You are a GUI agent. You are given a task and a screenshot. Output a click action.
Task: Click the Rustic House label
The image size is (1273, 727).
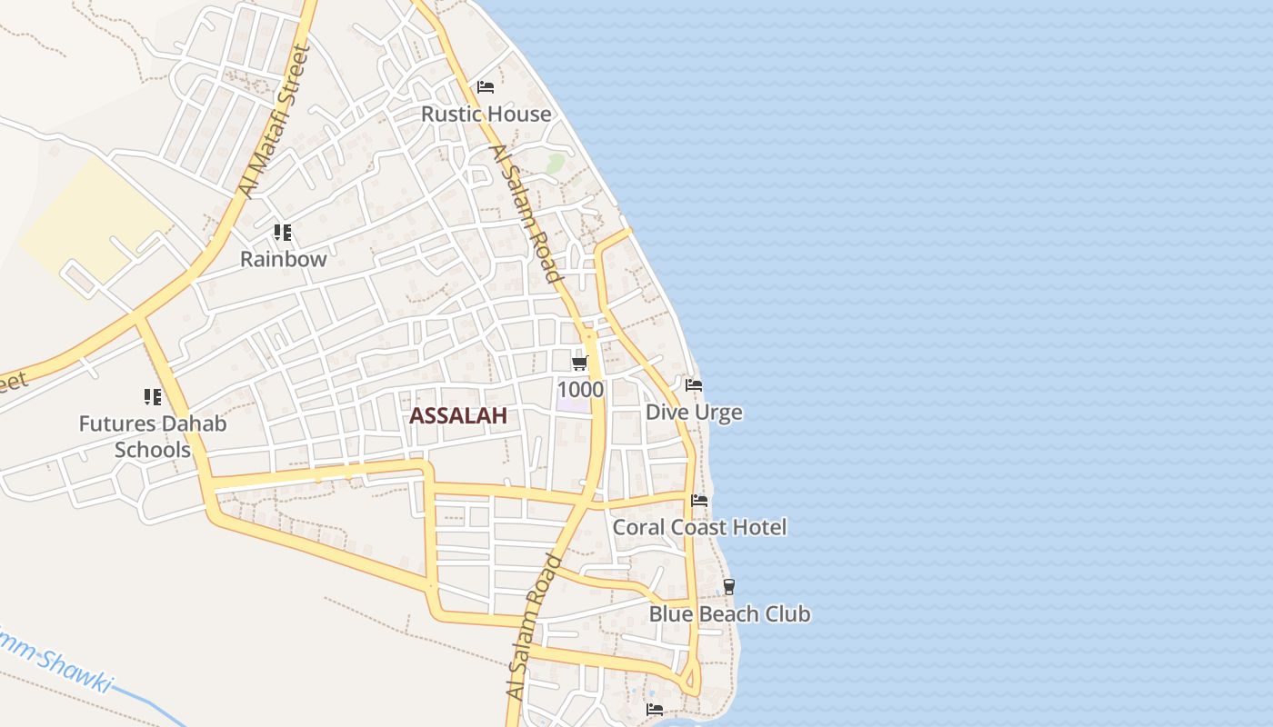486,115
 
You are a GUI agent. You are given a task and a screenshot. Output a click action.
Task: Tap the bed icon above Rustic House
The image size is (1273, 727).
486,87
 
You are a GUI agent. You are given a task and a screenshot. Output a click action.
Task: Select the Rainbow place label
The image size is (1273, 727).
283,259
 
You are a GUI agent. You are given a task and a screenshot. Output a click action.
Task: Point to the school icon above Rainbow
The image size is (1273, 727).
283,233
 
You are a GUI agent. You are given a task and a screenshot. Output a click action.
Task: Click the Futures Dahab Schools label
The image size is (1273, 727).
153,436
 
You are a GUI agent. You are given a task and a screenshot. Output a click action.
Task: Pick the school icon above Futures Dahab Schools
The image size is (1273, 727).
152,396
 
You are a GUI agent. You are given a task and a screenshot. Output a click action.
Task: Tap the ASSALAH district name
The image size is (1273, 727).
457,416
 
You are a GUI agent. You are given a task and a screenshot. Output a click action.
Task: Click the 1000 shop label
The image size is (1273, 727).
580,390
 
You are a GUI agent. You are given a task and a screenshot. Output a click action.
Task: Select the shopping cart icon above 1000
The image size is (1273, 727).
579,363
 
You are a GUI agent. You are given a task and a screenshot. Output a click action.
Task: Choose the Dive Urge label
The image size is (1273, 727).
694,413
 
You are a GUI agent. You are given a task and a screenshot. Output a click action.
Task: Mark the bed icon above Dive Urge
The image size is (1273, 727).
694,385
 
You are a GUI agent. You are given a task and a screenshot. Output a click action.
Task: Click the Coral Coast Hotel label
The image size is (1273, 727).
699,527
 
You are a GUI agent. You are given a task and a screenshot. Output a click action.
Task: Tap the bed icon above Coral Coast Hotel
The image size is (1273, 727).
699,500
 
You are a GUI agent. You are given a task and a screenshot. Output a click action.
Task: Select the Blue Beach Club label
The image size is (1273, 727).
729,614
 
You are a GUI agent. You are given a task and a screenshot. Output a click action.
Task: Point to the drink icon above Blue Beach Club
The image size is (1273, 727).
728,587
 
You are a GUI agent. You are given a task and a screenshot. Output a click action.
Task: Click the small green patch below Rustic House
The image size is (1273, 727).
555,164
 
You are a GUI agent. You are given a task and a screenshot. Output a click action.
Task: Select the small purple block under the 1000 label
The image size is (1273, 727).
574,405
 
